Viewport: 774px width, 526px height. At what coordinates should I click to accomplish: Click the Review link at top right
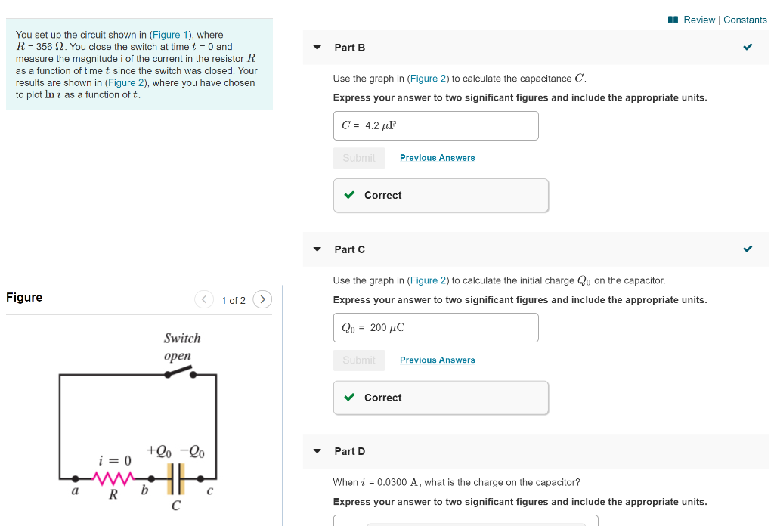coord(698,20)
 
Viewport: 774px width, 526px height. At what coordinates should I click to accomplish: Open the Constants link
coord(745,20)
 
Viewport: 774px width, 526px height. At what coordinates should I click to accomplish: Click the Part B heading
coord(349,48)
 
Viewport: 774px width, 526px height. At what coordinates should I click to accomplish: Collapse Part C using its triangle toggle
coord(317,249)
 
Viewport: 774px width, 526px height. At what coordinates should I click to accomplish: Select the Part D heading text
coord(349,451)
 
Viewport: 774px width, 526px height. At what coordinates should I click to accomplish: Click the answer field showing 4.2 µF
coord(435,125)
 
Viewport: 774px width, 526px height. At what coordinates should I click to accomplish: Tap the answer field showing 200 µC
coord(435,327)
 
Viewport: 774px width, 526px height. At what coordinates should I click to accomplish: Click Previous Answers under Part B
coord(437,158)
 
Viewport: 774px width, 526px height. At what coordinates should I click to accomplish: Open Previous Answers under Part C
coord(437,360)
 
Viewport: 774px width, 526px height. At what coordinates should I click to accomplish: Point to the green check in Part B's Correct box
coord(349,195)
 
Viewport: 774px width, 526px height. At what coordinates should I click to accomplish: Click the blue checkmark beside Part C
coord(748,249)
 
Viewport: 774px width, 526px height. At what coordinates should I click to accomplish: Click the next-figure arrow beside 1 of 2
coord(262,300)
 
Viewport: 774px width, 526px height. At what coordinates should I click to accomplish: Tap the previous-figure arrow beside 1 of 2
coord(204,300)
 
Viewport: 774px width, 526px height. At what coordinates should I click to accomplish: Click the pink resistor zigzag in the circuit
coord(113,478)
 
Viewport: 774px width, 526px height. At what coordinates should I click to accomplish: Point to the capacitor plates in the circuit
coord(175,478)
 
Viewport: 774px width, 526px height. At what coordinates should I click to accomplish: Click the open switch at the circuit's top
coord(179,373)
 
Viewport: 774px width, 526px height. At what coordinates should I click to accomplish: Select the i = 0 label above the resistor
coord(115,460)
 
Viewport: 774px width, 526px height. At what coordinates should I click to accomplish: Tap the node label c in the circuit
coord(210,492)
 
